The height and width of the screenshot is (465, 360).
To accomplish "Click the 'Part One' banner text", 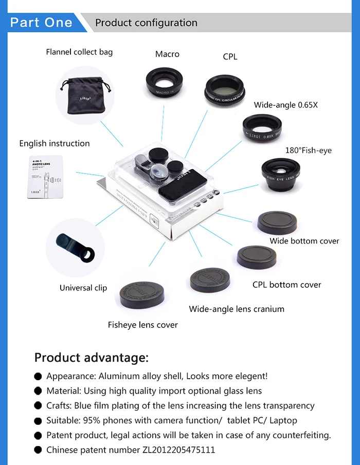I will [x=41, y=23].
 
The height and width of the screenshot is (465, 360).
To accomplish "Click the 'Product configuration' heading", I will [x=146, y=23].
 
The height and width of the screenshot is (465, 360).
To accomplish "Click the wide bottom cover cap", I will [x=277, y=222].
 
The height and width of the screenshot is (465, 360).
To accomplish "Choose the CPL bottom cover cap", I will [x=256, y=257].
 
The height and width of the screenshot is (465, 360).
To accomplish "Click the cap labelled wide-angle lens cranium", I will [x=213, y=280].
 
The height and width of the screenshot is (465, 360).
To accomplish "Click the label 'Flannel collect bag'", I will [x=79, y=52].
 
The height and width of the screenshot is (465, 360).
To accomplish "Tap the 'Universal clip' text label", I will [x=83, y=288].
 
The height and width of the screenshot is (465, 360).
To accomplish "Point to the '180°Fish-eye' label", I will [x=309, y=151].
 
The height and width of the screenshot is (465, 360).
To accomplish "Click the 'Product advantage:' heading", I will [x=92, y=357].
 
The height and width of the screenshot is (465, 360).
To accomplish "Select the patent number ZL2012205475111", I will [x=178, y=450].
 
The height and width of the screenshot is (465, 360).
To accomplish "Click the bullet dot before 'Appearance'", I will [x=38, y=377].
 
